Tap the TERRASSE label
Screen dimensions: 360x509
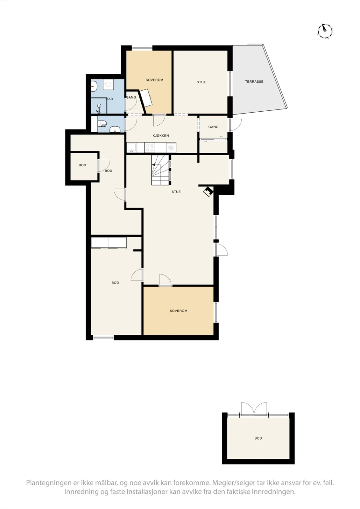tap(254, 81)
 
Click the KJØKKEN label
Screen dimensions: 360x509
tap(161, 136)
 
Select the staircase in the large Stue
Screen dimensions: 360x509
tap(161, 170)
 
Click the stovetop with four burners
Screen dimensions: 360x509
tap(150, 148)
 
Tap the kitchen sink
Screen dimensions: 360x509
tap(132, 148)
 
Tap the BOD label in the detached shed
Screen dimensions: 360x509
tap(258, 438)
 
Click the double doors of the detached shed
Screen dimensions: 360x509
tap(254, 409)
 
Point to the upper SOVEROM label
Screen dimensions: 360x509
tap(154, 80)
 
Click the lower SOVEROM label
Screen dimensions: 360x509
tap(179, 311)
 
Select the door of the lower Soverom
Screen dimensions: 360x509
tap(165, 280)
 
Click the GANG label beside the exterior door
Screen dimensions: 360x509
tap(213, 127)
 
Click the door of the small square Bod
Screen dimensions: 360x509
tap(104, 166)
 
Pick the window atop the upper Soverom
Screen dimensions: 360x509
tap(142, 48)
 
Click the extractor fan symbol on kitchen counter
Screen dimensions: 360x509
tap(171, 148)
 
